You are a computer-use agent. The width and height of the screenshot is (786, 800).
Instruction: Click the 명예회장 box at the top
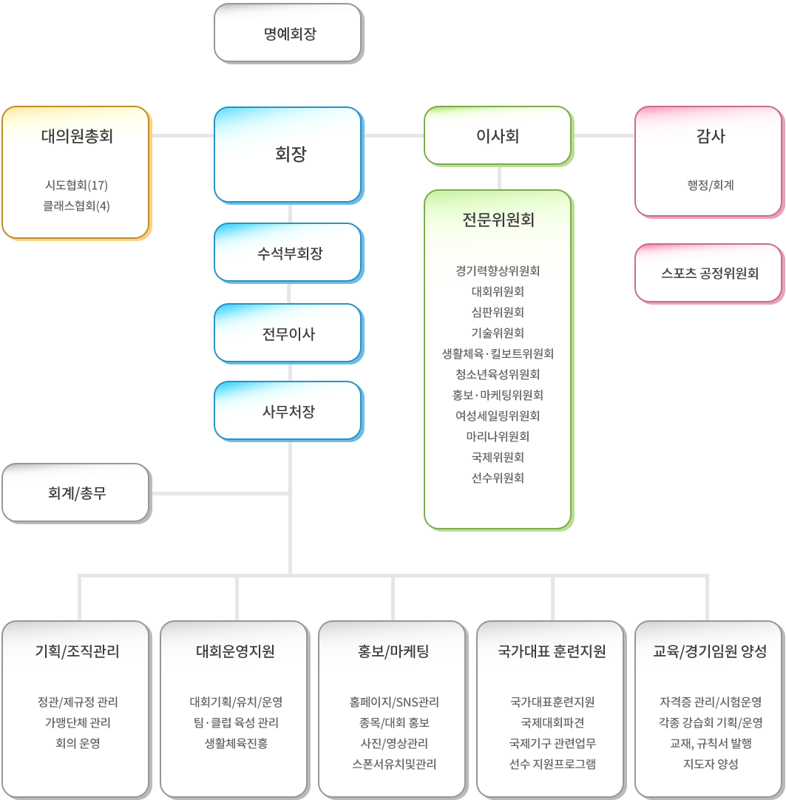(x=288, y=33)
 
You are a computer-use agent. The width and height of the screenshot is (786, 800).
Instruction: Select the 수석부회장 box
(x=288, y=253)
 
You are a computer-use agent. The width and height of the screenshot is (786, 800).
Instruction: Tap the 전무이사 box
(x=288, y=333)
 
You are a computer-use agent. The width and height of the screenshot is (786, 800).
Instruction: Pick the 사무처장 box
(x=288, y=411)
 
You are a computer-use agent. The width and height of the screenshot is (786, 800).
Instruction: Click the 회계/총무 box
(x=77, y=493)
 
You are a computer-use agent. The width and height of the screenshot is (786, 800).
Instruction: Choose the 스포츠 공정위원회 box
(x=709, y=274)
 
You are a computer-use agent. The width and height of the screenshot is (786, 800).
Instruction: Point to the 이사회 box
(x=498, y=136)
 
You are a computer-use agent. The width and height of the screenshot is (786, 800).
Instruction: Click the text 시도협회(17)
(x=77, y=185)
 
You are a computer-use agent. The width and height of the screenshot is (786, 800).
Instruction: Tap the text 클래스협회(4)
(x=77, y=206)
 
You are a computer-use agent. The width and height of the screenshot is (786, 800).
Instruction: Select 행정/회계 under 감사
(x=711, y=185)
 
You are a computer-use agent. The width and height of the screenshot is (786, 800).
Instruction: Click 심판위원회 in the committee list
(x=498, y=312)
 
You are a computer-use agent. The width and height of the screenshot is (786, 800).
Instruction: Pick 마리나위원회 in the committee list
(x=498, y=436)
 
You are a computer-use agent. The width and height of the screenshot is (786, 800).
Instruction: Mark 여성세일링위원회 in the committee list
(x=498, y=416)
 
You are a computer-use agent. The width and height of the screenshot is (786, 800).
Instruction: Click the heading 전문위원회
(x=498, y=220)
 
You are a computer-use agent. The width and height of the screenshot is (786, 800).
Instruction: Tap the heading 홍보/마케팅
(x=393, y=651)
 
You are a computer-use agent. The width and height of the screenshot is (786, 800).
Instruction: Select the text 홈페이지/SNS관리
(x=394, y=702)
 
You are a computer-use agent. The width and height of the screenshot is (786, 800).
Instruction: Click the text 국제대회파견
(x=552, y=722)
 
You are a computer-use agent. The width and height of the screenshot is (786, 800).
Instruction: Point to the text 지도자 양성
(x=711, y=764)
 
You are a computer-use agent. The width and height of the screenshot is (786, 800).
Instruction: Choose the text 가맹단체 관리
(x=78, y=722)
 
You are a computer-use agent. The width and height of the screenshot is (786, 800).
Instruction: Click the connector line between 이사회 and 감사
(x=604, y=136)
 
